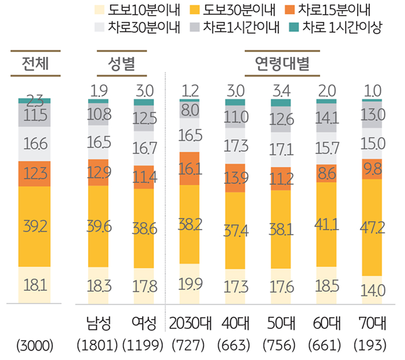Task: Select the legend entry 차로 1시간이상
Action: [x=336, y=27]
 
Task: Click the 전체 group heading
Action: [x=35, y=64]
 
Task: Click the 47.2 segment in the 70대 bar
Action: [x=371, y=227]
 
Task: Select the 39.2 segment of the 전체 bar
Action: [x=35, y=226]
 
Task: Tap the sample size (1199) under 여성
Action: [x=144, y=344]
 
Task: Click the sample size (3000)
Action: [x=35, y=344]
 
